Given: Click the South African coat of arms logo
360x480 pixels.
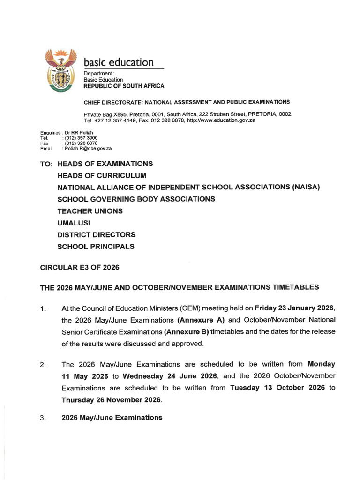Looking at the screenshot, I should (x=59, y=71).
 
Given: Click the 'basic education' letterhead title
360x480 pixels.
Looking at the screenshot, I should (x=119, y=62).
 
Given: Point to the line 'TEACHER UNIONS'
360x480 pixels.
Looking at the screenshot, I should (x=90, y=211).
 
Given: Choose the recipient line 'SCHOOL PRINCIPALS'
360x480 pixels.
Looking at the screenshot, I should (x=96, y=246).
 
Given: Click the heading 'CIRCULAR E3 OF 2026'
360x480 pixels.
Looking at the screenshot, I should (x=80, y=267).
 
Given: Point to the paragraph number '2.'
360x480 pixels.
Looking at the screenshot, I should (x=43, y=364).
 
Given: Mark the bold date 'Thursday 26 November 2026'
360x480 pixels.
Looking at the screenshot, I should (x=112, y=400).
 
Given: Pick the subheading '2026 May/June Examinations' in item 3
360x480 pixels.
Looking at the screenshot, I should (x=112, y=417).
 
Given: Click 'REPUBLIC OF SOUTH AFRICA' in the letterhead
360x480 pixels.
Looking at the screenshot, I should (x=124, y=86).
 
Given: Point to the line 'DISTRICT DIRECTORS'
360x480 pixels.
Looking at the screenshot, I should (x=96, y=234).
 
